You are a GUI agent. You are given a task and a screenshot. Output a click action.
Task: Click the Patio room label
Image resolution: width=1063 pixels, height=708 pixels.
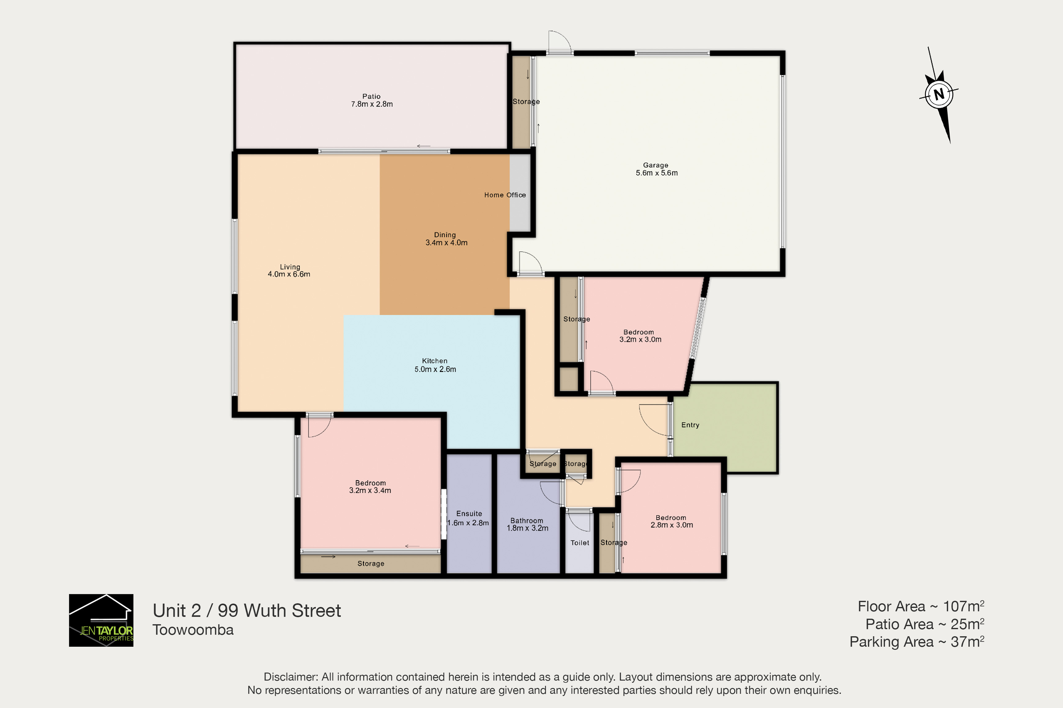point(371,96)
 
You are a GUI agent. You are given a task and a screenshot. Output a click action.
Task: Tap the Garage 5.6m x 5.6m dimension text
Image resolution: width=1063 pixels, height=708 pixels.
point(656,173)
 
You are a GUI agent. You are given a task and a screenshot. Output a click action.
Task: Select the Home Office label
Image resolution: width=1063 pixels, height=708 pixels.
point(505,195)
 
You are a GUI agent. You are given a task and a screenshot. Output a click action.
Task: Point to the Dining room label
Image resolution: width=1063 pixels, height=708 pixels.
point(445,235)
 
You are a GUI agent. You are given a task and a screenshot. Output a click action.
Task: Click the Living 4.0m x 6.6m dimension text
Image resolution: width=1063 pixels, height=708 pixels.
point(289,274)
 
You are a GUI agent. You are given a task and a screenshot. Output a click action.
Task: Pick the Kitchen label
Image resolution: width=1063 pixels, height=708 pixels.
point(434,361)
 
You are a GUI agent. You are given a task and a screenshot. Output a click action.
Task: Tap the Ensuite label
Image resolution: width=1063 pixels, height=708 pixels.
point(469,513)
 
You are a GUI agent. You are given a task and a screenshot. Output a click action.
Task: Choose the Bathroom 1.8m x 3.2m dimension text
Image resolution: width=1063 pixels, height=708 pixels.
point(527,528)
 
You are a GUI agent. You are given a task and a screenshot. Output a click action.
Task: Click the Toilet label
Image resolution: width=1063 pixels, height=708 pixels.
point(580,543)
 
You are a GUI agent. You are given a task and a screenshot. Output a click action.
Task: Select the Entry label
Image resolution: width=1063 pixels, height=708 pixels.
point(690,425)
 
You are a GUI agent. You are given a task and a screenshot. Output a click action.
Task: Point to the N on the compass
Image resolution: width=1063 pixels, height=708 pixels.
point(939,94)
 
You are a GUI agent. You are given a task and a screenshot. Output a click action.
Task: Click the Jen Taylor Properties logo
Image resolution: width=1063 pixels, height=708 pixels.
point(101,620)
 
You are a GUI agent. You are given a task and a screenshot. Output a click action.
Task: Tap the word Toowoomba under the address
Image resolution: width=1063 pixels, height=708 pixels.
point(193,630)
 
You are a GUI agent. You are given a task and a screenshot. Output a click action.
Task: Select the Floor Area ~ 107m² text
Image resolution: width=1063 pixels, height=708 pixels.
point(921,606)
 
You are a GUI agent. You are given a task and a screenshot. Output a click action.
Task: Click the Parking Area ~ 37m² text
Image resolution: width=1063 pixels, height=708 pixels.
point(917,641)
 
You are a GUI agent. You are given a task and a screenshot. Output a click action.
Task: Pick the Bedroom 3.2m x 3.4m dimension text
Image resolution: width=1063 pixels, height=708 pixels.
point(370,490)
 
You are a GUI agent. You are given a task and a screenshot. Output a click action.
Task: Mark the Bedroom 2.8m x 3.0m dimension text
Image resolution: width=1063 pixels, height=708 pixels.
point(672,525)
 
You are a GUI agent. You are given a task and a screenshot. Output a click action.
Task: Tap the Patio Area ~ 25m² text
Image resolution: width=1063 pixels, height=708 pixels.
point(925,624)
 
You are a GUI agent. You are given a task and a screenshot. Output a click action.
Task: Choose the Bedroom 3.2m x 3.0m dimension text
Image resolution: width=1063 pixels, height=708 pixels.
point(640,340)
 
